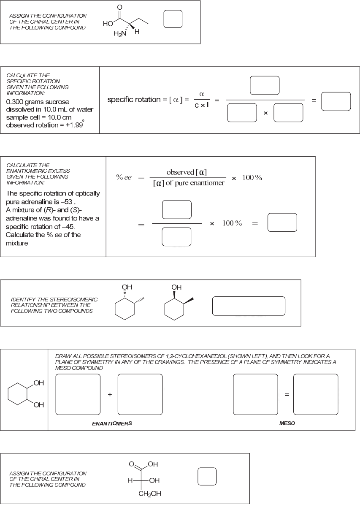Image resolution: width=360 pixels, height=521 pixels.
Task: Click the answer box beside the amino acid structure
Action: coord(173,19)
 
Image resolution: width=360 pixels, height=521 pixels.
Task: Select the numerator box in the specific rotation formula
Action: coord(265,85)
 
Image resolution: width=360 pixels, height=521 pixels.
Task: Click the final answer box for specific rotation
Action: coord(336,101)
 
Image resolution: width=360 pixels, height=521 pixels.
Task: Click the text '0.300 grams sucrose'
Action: coord(38,102)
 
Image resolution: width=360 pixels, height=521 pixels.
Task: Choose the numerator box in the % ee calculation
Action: coord(177,209)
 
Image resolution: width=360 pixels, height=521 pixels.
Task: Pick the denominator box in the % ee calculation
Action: coord(177,236)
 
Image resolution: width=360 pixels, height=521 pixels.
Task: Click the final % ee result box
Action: coord(282,223)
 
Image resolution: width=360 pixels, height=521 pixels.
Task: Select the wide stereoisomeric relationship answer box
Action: coord(249,306)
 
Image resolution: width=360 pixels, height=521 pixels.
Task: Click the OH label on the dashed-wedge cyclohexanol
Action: coord(127,288)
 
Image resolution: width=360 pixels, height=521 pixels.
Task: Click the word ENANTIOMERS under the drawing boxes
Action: coord(112,423)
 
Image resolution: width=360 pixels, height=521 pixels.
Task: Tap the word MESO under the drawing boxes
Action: coord(287,423)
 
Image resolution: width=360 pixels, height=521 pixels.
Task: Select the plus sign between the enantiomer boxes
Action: coord(110,394)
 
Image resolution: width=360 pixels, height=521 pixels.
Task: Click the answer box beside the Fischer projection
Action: coord(207,476)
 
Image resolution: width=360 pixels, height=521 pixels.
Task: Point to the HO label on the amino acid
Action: coord(108,24)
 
